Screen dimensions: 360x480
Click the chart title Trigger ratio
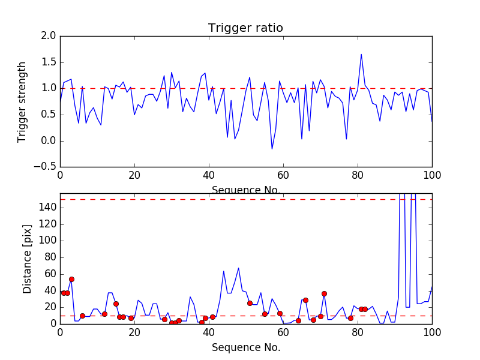pos(245,28)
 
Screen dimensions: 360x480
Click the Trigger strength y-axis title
pos(22,101)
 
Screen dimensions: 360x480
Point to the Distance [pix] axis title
pos(28,258)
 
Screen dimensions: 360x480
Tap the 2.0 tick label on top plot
pos(49,36)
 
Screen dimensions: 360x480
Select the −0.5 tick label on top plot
pos(46,167)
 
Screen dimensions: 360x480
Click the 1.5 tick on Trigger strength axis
pos(49,62)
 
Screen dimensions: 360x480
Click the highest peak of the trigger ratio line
pos(361,55)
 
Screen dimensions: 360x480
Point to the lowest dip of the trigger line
pos(272,149)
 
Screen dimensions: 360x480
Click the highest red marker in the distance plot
pos(71,279)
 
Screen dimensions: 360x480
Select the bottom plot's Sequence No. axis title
pos(246,347)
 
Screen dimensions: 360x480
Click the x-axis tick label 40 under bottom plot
pos(209,332)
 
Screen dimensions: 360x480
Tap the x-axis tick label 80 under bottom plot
pos(358,332)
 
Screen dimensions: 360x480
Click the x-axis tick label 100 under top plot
pos(431,176)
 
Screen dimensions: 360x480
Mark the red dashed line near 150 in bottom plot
pos(240,199)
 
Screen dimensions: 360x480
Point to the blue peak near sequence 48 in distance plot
pos(238,268)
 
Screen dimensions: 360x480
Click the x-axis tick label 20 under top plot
pos(134,176)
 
